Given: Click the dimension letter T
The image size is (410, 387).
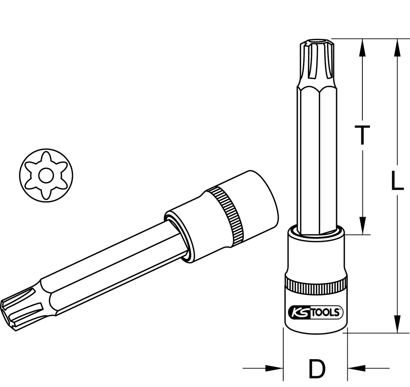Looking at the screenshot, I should (x=362, y=135).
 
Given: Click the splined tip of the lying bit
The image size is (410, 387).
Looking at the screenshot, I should (x=20, y=305).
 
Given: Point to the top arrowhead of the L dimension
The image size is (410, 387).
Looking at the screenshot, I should (x=396, y=47).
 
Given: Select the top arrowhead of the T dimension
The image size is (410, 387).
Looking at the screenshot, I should (x=362, y=47).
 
